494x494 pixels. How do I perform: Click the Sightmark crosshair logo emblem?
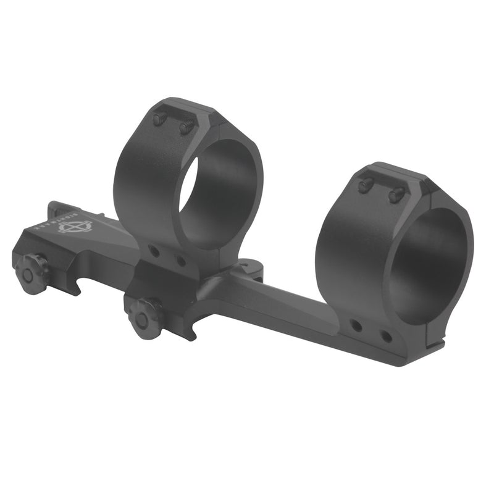point(75,226)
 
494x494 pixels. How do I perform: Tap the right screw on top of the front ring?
point(186,128)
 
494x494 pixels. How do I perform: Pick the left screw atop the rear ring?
point(366,184)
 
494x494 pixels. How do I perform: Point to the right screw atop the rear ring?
point(395,195)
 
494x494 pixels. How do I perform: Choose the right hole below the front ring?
point(180,261)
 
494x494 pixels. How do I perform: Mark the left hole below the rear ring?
point(356,325)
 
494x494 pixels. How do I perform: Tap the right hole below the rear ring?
point(385,337)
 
